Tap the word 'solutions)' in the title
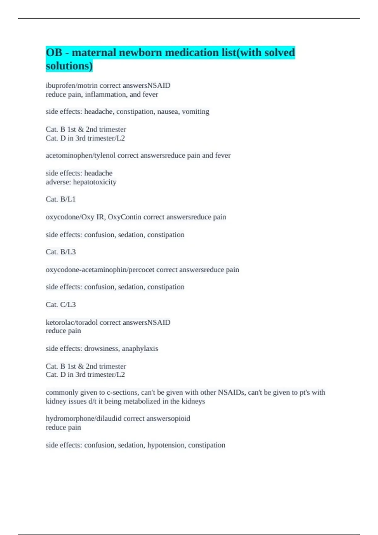(69, 66)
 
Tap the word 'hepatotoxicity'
(94, 182)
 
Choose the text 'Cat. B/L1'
(60, 199)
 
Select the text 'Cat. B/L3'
(60, 252)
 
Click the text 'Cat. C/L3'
(60, 305)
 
